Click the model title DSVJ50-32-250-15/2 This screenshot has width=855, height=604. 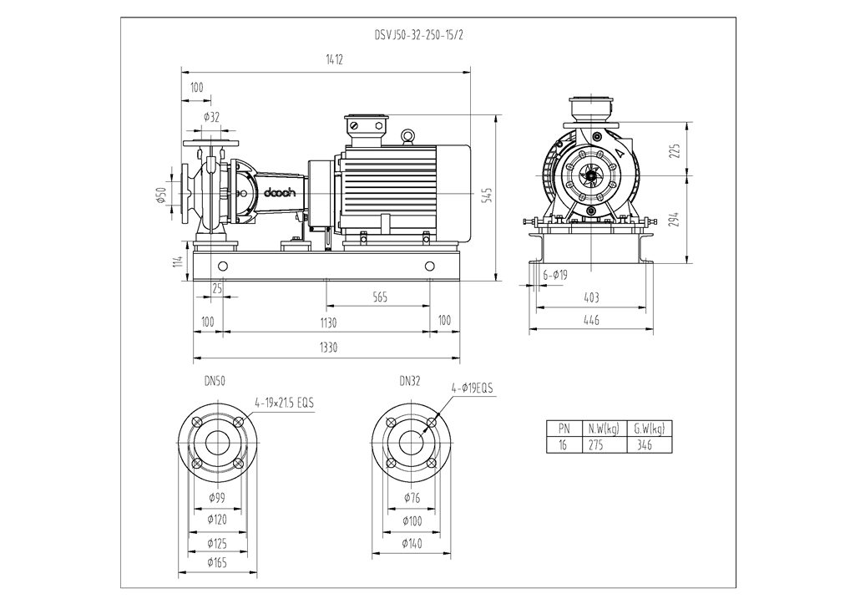[x=419, y=35]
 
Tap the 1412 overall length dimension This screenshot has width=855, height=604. [x=334, y=59]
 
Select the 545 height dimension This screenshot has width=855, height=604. [x=488, y=195]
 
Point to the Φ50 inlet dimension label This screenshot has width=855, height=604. [x=161, y=195]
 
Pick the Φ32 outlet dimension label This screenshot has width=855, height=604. [x=211, y=117]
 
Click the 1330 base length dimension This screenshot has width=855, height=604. [x=328, y=348]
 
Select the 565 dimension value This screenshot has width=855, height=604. [x=380, y=297]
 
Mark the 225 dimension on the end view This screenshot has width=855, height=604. [x=675, y=151]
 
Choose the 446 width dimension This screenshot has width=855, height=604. [x=592, y=320]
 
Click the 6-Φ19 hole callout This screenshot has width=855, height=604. [x=555, y=275]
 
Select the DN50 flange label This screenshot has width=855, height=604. [x=215, y=382]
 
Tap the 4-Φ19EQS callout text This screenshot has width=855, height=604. [x=473, y=388]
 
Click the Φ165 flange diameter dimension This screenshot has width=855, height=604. [x=217, y=562]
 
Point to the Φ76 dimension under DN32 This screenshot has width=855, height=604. [x=412, y=498]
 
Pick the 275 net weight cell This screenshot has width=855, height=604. [x=596, y=445]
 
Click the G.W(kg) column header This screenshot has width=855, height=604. [x=650, y=429]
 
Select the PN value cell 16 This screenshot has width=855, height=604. [x=563, y=445]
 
